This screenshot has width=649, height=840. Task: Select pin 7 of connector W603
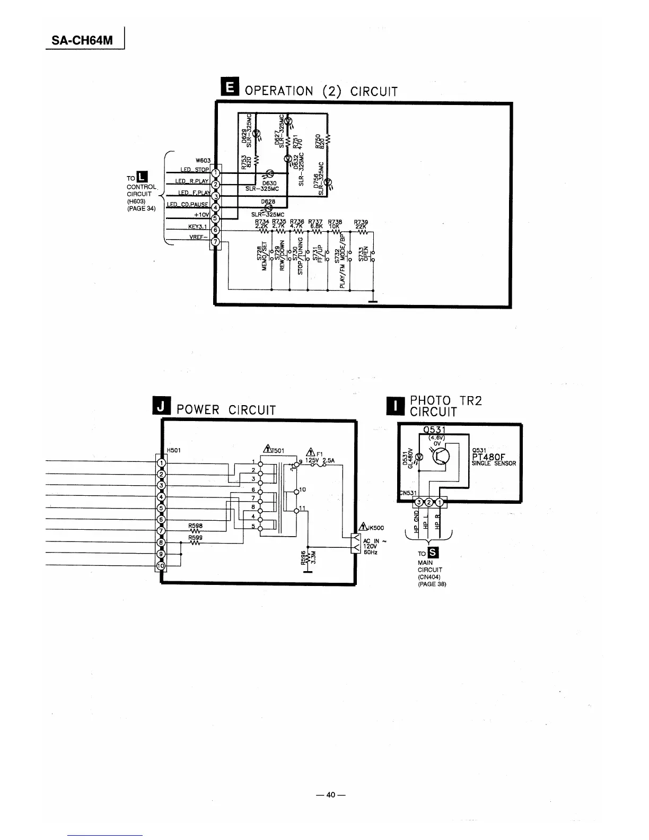(215, 242)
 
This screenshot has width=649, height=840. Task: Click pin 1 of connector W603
(215, 173)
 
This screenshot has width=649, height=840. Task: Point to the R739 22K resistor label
(361, 224)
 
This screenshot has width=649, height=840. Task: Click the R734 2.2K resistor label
(262, 224)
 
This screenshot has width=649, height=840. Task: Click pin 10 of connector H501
(161, 565)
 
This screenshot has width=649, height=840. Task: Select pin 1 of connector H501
(161, 462)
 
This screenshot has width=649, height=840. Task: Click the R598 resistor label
(196, 526)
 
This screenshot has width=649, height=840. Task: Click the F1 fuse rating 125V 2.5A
(320, 461)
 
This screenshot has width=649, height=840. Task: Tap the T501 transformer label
(275, 451)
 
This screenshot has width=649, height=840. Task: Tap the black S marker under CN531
(432, 554)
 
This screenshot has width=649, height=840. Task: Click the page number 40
(331, 794)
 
